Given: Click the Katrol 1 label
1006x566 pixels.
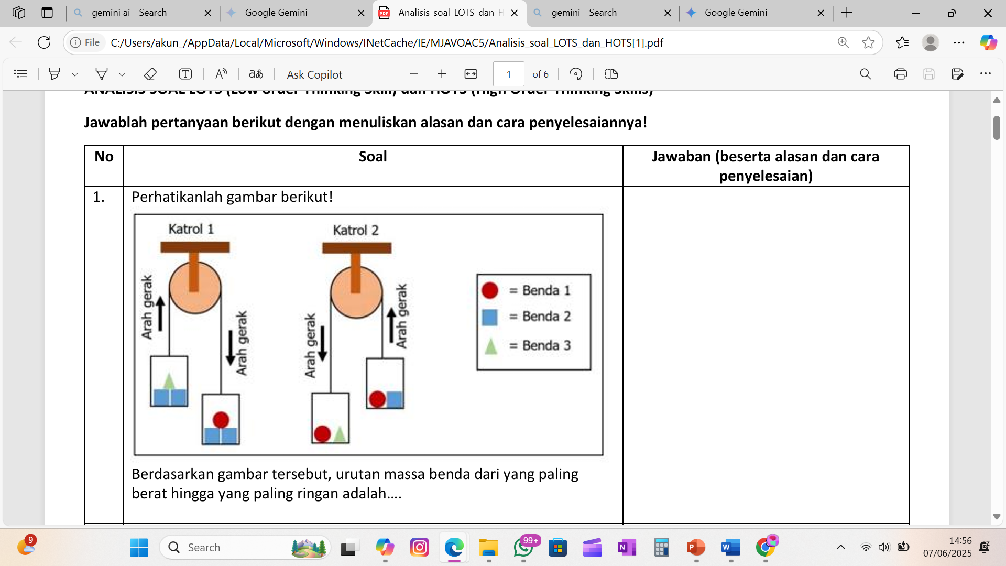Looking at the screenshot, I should pos(191,229).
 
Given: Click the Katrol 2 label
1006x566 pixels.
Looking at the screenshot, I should pos(355,230).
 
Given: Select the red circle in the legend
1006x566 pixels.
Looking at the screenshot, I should pos(490,290).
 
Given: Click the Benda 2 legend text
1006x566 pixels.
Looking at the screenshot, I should pos(546,317).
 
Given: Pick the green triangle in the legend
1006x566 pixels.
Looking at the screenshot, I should pos(491,346).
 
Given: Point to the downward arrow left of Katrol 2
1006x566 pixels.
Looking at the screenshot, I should pos(323,343).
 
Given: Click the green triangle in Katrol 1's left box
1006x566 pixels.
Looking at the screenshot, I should pos(169,382).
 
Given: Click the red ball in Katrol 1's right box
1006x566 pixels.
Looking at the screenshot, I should pos(221,420).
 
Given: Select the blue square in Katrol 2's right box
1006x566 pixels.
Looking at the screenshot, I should pos(395,399).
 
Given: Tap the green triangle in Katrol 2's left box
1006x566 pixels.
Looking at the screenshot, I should pos(340,434).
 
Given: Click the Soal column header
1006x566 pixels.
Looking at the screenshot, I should pos(373,157).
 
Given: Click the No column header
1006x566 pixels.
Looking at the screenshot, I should pos(104,157).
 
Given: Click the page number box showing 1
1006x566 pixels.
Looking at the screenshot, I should pos(508,74).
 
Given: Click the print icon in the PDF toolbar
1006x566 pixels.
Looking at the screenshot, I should pos(900,74).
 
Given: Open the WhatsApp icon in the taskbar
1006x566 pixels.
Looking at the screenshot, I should pos(523,548).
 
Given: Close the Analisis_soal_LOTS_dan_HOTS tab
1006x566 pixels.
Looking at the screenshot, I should pos(515,13).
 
